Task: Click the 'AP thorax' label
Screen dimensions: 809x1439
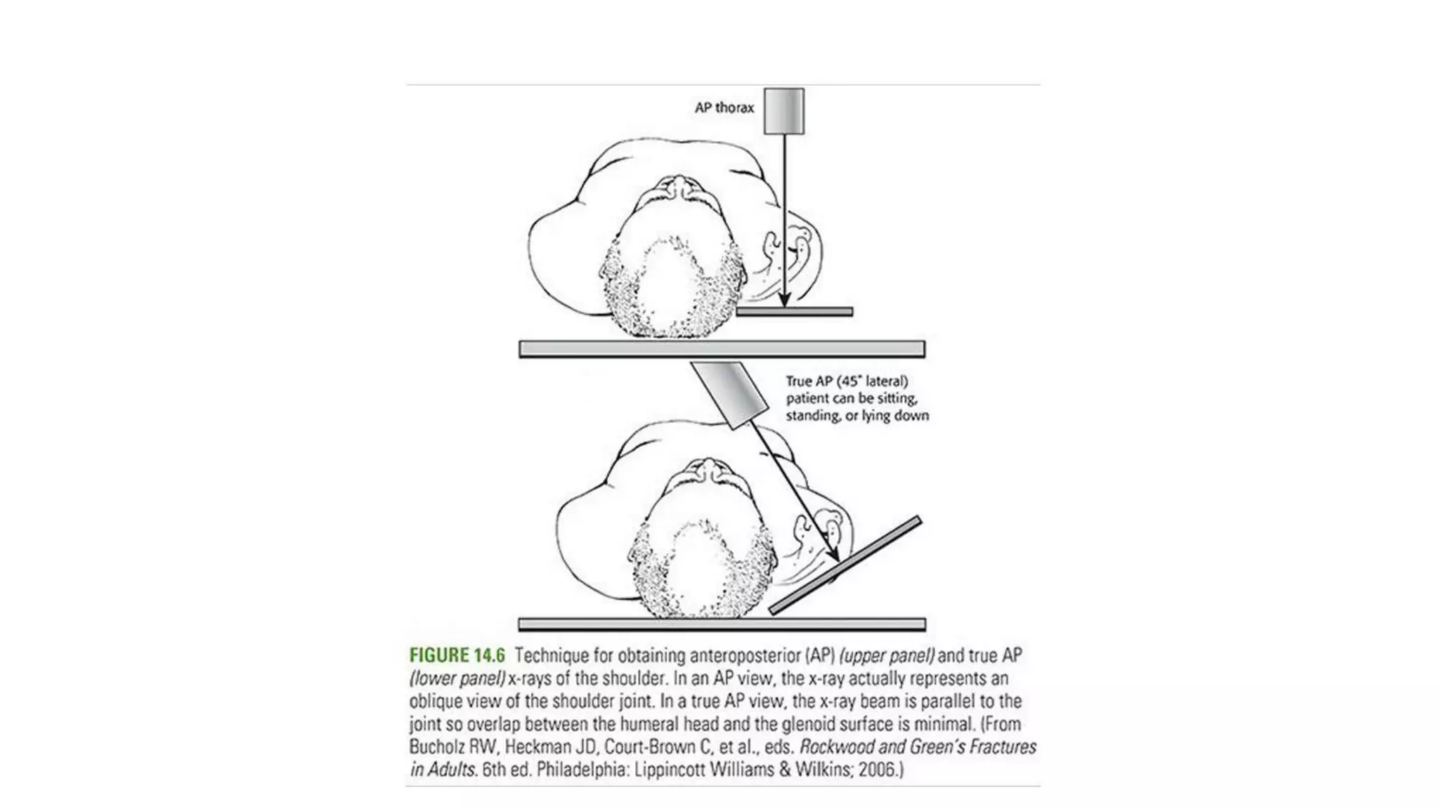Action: (x=724, y=107)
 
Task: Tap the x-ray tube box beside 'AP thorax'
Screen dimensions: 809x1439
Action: (x=784, y=111)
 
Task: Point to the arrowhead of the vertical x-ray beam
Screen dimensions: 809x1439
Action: (x=785, y=300)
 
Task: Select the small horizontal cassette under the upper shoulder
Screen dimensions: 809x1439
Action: (x=795, y=311)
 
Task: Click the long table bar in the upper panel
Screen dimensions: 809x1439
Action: (x=722, y=348)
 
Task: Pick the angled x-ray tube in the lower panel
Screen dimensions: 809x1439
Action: (x=729, y=394)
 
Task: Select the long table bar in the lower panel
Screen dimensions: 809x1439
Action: (x=722, y=624)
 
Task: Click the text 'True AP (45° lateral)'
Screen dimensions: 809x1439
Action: (x=847, y=381)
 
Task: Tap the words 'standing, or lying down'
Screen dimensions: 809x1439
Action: (x=857, y=416)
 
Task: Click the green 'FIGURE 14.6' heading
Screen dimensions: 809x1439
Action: (x=457, y=656)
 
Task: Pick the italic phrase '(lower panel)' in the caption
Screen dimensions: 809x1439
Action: (x=457, y=678)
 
